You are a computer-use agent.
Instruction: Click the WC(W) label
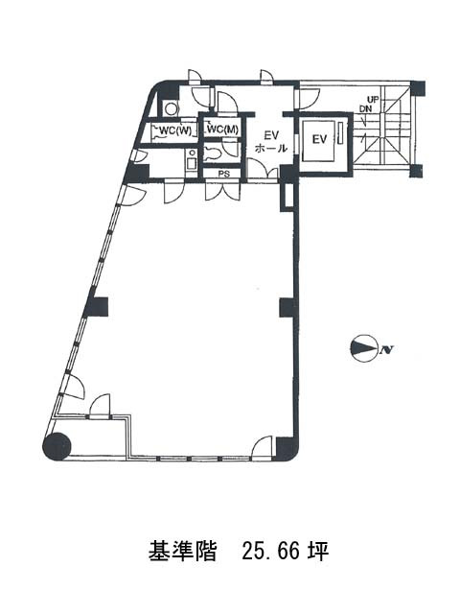175,130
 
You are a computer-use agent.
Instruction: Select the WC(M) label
222,130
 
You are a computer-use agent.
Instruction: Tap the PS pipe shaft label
223,174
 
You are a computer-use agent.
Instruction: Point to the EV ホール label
271,142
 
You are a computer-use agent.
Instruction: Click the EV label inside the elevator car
319,139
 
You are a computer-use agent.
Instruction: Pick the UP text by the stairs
373,100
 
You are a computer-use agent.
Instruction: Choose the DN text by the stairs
366,109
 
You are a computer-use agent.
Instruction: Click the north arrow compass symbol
364,348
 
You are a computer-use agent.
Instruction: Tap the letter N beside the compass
386,349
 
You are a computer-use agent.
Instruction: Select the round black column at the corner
57,446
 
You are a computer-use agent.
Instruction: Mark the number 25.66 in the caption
270,551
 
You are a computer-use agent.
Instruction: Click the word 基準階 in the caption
182,551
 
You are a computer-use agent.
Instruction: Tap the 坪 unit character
318,551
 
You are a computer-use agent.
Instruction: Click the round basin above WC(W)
171,108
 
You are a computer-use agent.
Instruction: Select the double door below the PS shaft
222,191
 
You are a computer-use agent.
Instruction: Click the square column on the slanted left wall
96,307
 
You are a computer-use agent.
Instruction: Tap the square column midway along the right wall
288,307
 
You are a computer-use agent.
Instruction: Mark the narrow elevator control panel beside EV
340,134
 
